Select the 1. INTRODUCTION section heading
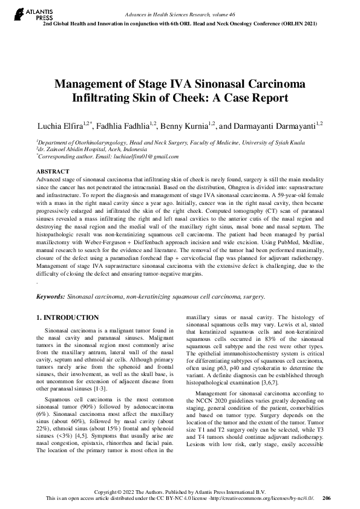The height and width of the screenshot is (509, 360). point(67,317)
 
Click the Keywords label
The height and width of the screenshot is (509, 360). point(51,297)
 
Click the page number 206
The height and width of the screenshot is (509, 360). point(327,498)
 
